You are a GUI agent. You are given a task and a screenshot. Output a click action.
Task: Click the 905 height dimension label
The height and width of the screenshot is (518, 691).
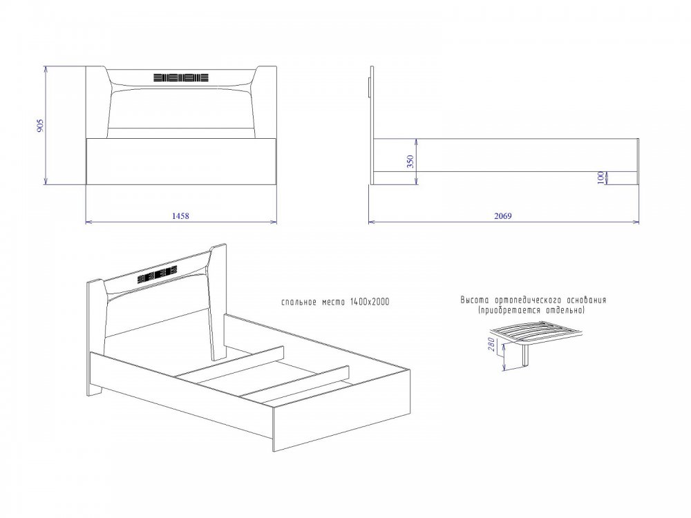click(41, 125)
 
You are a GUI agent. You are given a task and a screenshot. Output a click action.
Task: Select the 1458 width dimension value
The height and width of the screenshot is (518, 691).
click(180, 215)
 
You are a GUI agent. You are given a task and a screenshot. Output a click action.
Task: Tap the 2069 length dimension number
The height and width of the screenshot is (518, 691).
click(503, 215)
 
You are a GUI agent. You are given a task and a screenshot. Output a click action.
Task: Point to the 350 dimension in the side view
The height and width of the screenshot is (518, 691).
click(410, 162)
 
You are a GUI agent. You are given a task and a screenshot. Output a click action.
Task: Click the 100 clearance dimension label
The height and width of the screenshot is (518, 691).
click(600, 178)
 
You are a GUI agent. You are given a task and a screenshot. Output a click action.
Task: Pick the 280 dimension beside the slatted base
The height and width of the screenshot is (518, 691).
click(491, 343)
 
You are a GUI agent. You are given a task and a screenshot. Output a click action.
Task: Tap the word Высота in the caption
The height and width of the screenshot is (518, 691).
click(475, 300)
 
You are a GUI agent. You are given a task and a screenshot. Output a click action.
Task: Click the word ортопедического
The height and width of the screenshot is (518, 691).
click(525, 300)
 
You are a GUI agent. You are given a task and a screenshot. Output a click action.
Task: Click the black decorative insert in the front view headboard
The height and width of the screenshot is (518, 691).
click(180, 78)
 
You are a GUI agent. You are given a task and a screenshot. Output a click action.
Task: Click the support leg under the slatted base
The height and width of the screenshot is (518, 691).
click(526, 356)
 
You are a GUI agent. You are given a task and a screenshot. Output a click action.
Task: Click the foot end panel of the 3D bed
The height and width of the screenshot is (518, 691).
click(342, 410)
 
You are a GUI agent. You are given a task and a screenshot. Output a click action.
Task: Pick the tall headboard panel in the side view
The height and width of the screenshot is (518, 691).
click(372, 125)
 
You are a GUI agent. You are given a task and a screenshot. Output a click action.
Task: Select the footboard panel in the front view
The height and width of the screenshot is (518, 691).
click(181, 161)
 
